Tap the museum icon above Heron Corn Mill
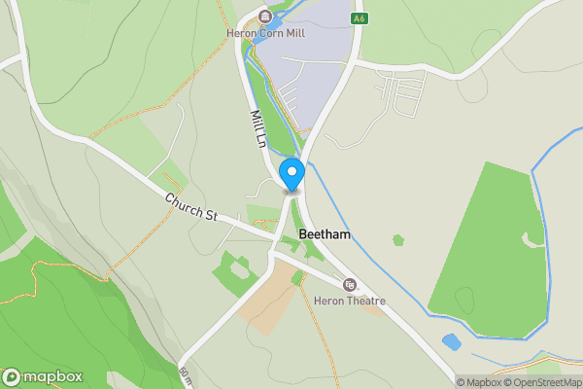pyautogui.click(x=263, y=17)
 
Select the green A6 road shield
pyautogui.click(x=360, y=18)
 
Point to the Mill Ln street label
pyautogui.click(x=257, y=127)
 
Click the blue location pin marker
pyautogui.click(x=291, y=176)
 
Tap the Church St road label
pyautogui.click(x=189, y=206)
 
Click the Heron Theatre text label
pyautogui.click(x=350, y=301)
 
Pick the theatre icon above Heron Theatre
pyautogui.click(x=350, y=285)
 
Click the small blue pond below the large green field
pyautogui.click(x=451, y=342)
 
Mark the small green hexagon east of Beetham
pyautogui.click(x=397, y=239)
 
